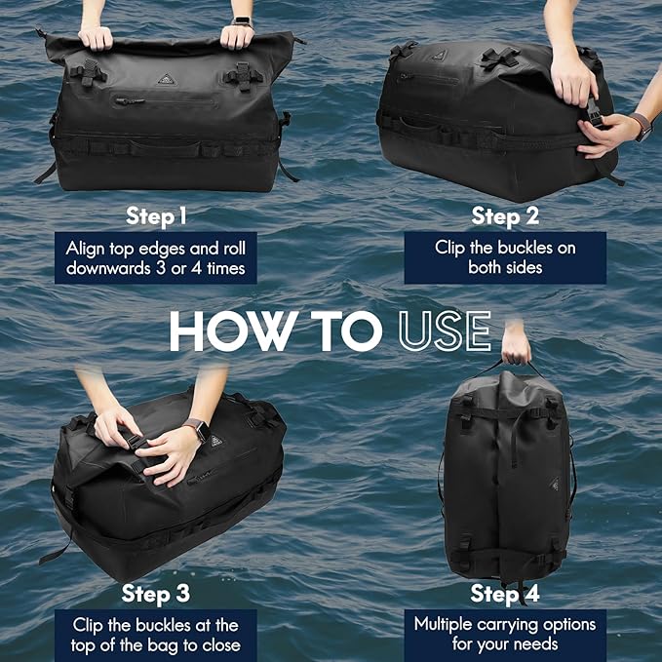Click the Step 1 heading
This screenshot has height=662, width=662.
pyautogui.click(x=156, y=214)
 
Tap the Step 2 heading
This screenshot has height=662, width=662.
pyautogui.click(x=505, y=214)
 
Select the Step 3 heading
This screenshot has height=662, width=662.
pyautogui.click(x=156, y=594)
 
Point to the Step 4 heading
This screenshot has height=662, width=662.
pyautogui.click(x=504, y=594)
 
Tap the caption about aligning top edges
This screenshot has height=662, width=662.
pyautogui.click(x=156, y=257)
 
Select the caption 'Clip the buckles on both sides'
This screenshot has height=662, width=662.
pyautogui.click(x=505, y=257)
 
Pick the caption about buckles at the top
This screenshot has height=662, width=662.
pyautogui.click(x=156, y=634)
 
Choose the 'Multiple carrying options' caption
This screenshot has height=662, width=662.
pyautogui.click(x=504, y=634)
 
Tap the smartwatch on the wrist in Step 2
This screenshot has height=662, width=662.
pyautogui.click(x=640, y=125)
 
